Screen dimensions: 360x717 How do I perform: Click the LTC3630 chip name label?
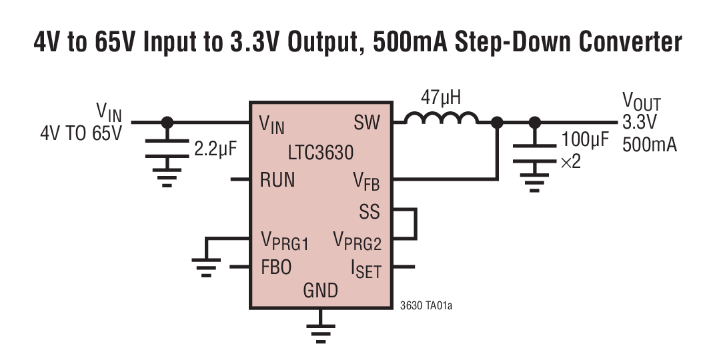(321, 153)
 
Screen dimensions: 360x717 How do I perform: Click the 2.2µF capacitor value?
(215, 149)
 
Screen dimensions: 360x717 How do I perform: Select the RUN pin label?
(277, 180)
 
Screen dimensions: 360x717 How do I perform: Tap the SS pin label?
(369, 212)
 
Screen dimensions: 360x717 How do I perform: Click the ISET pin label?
(366, 269)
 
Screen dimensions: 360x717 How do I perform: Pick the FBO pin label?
(276, 267)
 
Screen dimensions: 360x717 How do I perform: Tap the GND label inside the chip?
(321, 291)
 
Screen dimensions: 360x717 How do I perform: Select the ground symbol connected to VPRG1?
(208, 267)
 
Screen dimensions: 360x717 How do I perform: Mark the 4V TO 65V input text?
(81, 133)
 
